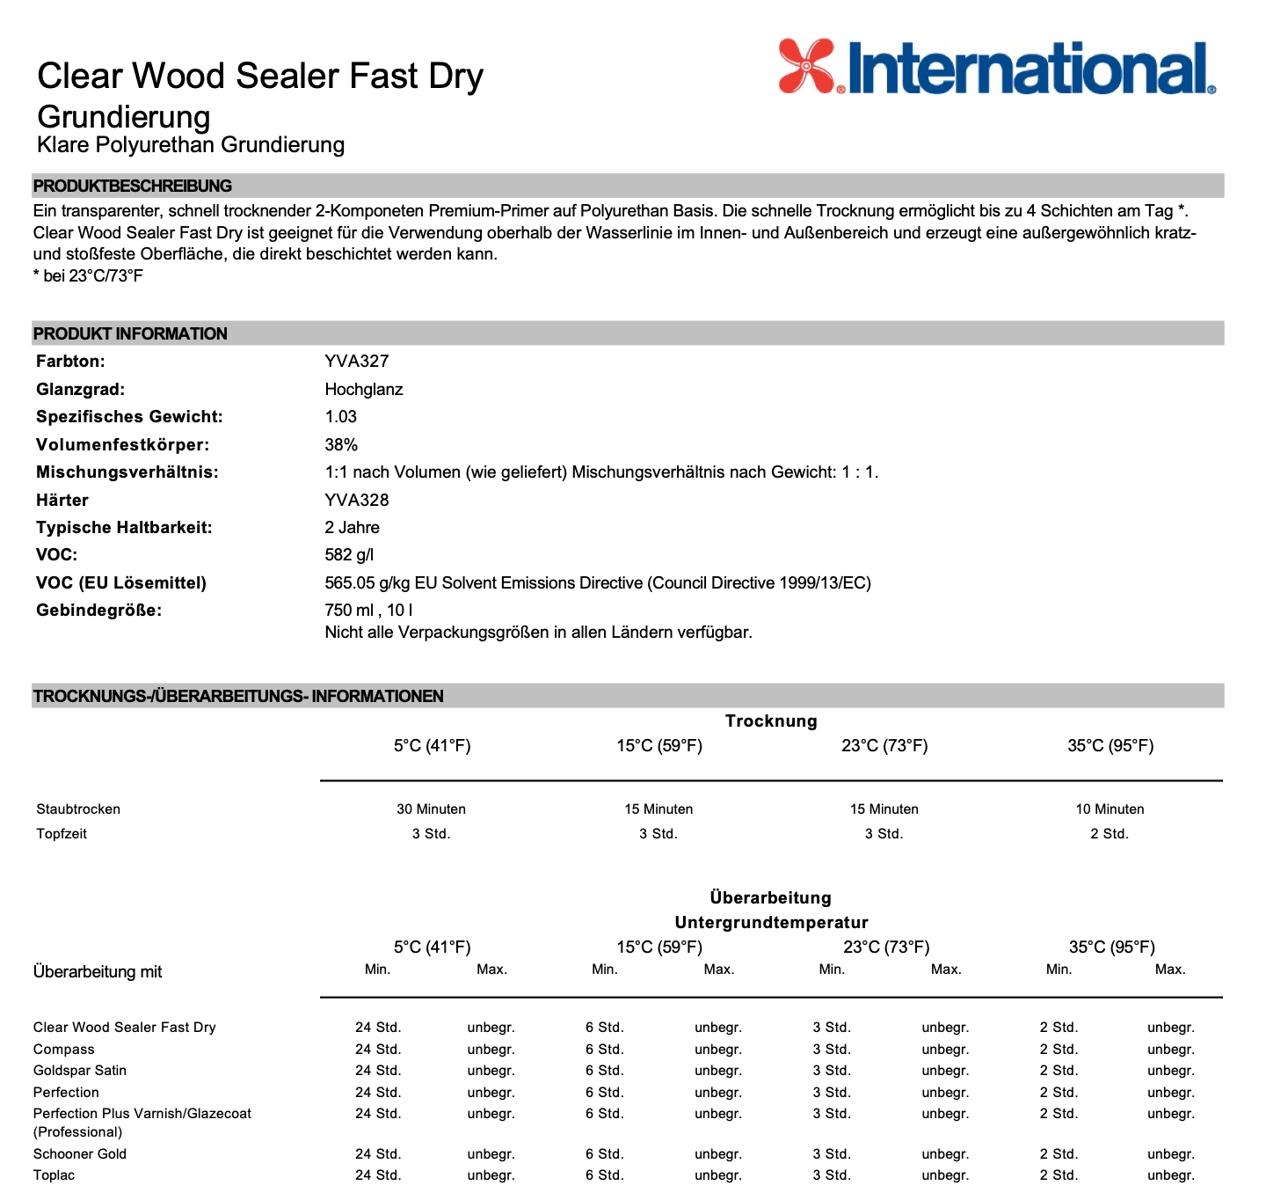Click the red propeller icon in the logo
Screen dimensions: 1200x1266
coord(807,66)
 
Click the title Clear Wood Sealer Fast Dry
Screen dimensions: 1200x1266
coord(260,77)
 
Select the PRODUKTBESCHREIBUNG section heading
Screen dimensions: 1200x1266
coord(133,186)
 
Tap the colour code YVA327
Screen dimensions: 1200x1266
coord(356,361)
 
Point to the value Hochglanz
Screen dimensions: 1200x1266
coord(363,389)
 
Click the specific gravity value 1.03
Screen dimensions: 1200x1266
coord(340,416)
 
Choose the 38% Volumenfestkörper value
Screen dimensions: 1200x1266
coord(341,444)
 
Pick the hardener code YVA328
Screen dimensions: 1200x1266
coord(356,500)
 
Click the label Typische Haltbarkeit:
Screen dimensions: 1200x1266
coord(124,527)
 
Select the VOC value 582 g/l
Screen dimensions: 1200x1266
coord(349,554)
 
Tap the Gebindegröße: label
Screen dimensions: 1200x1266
coord(98,610)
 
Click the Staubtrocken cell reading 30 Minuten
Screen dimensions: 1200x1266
coord(431,809)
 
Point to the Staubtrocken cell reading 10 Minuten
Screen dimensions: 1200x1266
coord(1110,809)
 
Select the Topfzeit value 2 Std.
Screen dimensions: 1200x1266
coord(1109,833)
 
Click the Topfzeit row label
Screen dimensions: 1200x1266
coord(62,833)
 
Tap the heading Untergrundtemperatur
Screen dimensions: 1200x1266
coord(771,922)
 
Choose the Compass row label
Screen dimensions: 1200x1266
coord(63,1049)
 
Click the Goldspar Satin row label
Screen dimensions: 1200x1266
coord(80,1070)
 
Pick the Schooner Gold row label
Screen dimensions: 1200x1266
coord(80,1153)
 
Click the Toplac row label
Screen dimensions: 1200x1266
coord(54,1174)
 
